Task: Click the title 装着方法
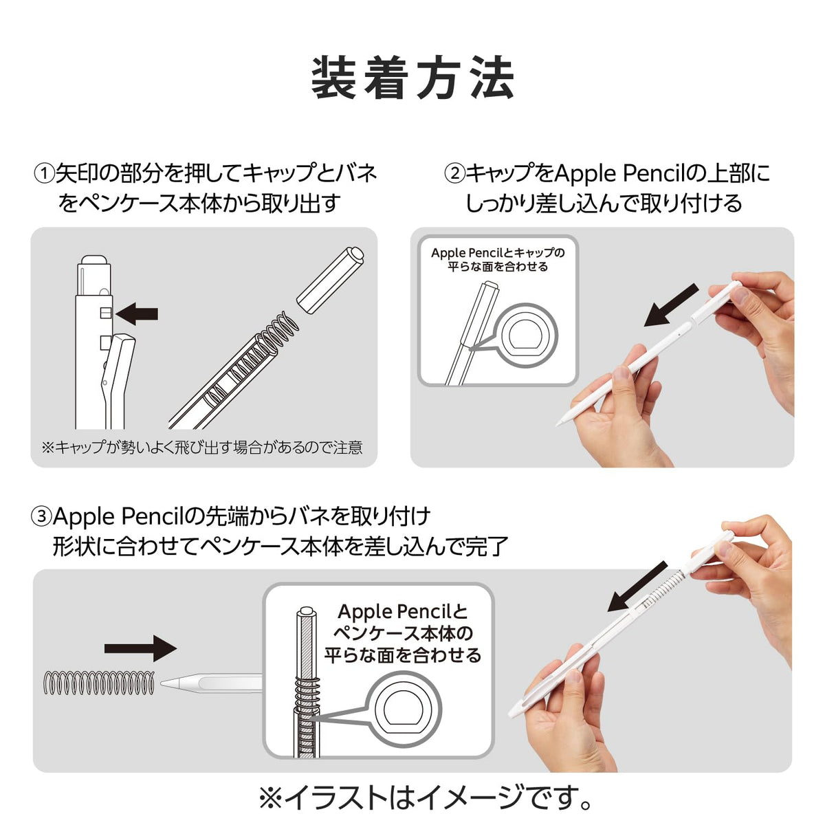tap(412, 78)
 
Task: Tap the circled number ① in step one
tap(44, 174)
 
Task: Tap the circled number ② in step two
tap(454, 174)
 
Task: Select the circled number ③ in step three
tap(41, 516)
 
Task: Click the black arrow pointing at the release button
tap(137, 313)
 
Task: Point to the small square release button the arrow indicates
tap(106, 313)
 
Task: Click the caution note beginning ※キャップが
tap(202, 448)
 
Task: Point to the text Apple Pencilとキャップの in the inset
tap(498, 252)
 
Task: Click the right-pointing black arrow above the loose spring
tap(140, 648)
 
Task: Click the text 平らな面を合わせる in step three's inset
tap(402, 655)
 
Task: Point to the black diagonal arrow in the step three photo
tap(637, 586)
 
